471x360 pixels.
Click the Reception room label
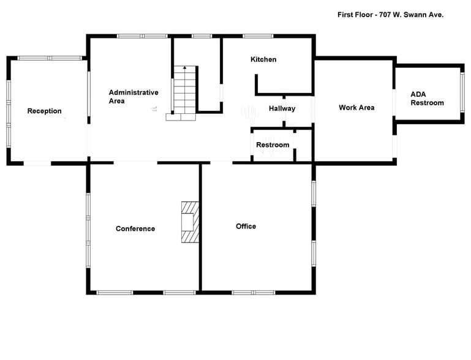44,111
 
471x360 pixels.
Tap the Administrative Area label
133,96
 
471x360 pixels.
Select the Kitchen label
263,59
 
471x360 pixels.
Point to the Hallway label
282,108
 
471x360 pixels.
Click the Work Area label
356,108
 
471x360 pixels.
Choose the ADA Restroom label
427,99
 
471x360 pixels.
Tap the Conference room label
135,228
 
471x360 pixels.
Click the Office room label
246,226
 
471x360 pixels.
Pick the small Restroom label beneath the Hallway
273,144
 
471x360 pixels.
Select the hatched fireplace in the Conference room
190,222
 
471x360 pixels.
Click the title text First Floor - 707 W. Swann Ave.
390,14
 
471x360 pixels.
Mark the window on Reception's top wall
50,58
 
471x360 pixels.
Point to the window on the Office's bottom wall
252,293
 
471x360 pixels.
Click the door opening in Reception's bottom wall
37,163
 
